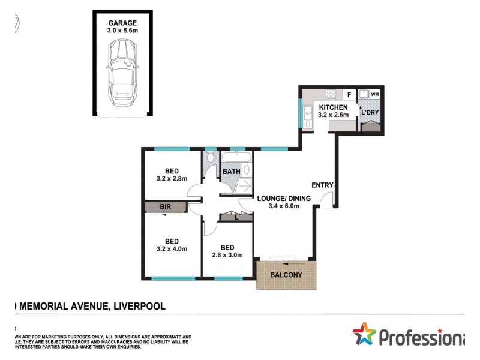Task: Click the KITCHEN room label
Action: coord(333,107)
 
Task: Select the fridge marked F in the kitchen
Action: coord(347,94)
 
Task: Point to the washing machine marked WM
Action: coord(375,94)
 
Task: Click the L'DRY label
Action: coord(369,112)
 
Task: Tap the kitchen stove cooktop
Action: coord(331,94)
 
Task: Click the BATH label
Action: coord(232,172)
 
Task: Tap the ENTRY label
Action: coord(322,185)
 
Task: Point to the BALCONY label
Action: coord(287,275)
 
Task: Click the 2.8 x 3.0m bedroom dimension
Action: coord(227,254)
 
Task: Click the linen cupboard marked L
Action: coord(235,217)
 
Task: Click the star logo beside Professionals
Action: coord(364,334)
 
